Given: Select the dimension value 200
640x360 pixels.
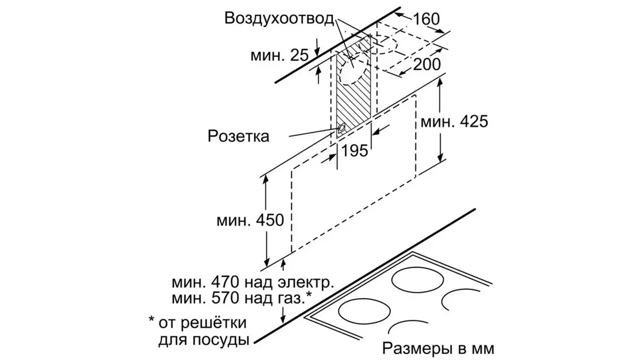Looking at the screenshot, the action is [x=427, y=65].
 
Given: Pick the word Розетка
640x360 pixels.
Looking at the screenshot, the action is [x=238, y=136].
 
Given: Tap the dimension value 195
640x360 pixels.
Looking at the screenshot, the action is [x=355, y=151].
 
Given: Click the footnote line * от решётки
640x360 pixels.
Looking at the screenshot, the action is [x=198, y=322].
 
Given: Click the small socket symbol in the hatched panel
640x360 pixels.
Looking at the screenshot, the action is [x=340, y=128].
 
